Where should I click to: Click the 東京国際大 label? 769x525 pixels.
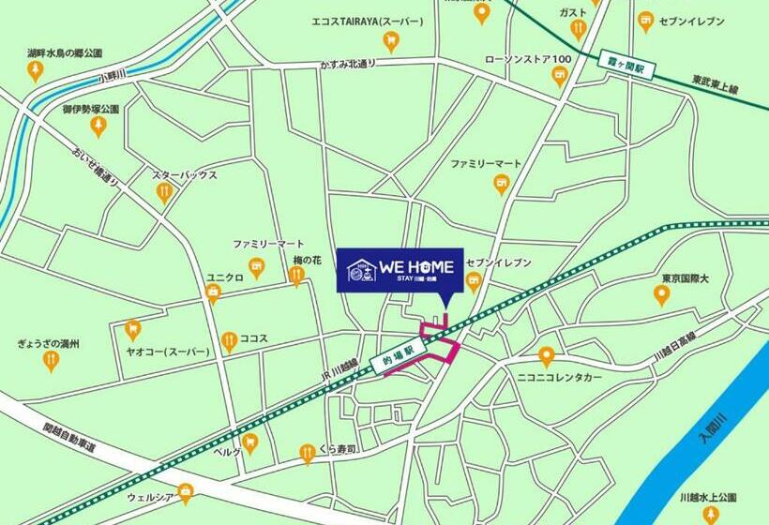coord(661,278)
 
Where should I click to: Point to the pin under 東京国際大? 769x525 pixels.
coord(661,296)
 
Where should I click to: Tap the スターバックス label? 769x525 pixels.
coord(185,174)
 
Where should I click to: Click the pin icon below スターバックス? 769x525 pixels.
coord(165,193)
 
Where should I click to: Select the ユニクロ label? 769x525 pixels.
coord(225,278)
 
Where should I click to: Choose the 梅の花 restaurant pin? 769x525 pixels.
coord(296,275)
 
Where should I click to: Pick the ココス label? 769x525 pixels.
coord(254,338)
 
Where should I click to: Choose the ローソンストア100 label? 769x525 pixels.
coord(527,60)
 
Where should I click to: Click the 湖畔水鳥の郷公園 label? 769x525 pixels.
coord(65,53)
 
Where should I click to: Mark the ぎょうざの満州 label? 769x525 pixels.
coord(48,344)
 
